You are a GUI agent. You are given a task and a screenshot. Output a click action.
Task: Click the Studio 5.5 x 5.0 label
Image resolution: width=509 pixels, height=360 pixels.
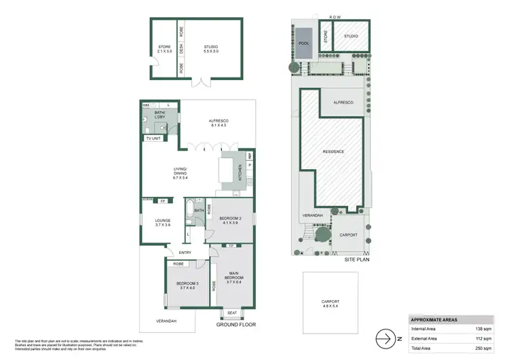[212, 48]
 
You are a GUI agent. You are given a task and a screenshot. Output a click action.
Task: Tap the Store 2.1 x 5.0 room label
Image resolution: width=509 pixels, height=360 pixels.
[164, 48]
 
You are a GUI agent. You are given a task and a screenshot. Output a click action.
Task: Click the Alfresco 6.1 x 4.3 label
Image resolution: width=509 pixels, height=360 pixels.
[218, 123]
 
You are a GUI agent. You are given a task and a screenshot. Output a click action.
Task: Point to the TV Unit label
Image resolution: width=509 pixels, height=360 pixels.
[153, 139]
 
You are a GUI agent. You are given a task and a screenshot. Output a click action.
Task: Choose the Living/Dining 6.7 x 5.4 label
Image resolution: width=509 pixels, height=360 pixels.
[180, 173]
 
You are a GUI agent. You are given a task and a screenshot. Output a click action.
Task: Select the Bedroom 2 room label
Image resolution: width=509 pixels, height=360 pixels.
[230, 220]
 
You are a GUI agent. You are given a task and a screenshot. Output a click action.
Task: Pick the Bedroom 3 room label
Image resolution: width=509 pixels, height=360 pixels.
[187, 285]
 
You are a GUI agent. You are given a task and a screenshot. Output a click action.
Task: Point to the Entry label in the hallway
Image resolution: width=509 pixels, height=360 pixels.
[185, 253]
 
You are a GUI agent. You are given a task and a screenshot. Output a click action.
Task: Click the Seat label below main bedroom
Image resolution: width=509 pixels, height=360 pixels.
[232, 312]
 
